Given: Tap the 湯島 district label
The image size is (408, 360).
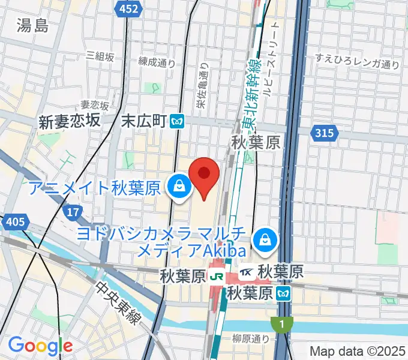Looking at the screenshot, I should tap(33, 25).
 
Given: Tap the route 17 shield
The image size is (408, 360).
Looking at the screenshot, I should tap(73, 212).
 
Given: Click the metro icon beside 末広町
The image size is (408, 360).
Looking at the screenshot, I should tap(177, 121).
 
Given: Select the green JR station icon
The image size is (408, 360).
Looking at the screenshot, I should tap(217, 277).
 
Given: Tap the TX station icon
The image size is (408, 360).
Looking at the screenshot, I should tap(246, 273).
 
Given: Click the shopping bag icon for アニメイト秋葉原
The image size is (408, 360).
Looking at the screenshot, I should tap(179, 188).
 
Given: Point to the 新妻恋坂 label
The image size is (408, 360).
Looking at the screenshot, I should tap(69, 121).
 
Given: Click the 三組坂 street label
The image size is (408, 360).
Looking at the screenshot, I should tap(100, 56).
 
